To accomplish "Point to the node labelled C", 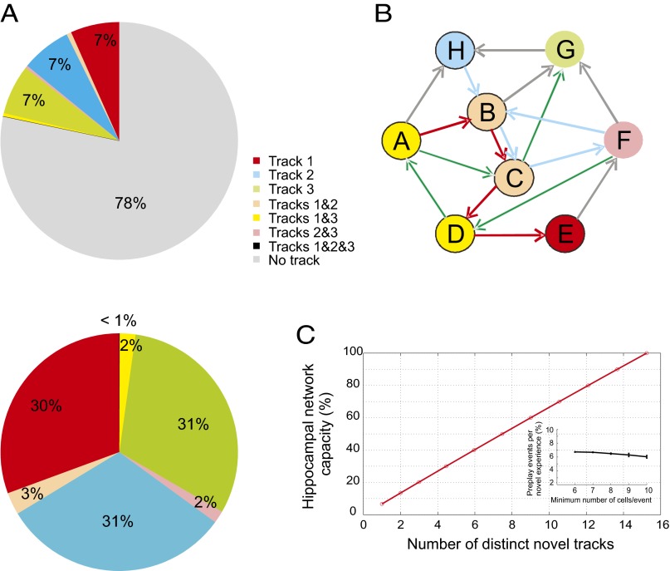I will pyautogui.click(x=515, y=177).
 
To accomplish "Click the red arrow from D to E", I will pyautogui.click(x=511, y=235).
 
